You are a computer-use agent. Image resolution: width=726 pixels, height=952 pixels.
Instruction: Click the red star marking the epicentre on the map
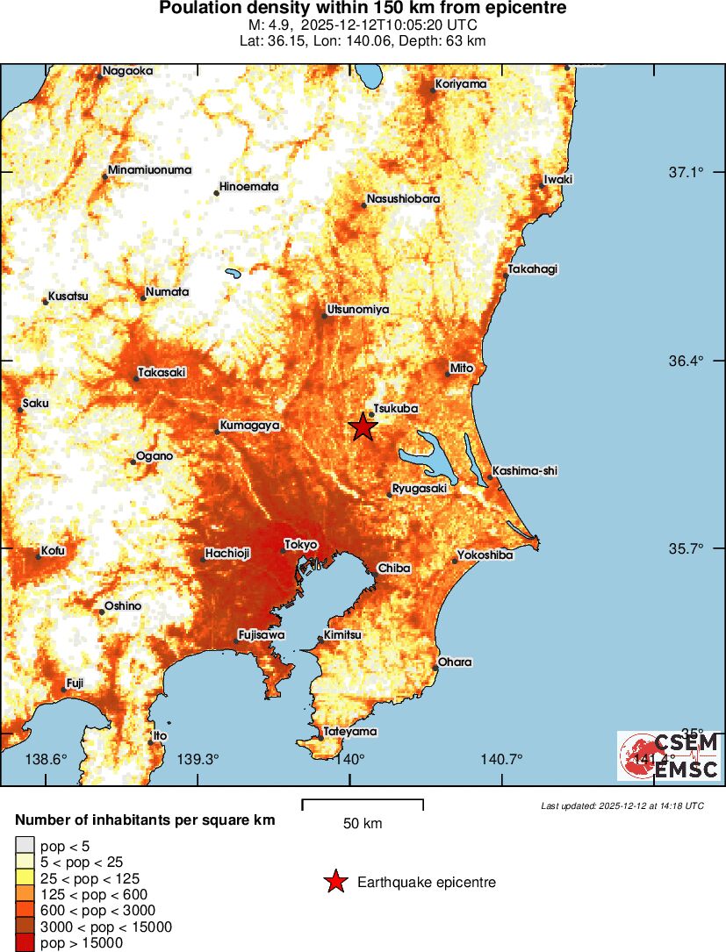363,427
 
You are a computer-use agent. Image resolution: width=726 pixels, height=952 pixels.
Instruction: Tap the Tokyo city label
300,545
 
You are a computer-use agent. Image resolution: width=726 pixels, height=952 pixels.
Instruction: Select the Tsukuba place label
395,409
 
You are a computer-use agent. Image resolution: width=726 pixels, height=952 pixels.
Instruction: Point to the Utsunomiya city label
357,310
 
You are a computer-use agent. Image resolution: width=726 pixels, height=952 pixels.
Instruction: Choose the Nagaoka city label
127,71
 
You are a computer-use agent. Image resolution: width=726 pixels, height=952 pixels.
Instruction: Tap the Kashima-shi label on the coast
525,471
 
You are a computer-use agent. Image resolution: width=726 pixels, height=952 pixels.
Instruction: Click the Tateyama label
350,731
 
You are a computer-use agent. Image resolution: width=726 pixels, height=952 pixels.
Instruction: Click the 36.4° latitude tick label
687,361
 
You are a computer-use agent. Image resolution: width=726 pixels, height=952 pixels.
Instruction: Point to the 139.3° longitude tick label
198,759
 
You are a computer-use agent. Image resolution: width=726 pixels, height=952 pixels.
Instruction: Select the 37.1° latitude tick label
687,172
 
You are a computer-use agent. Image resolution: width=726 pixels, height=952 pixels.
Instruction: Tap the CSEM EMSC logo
669,756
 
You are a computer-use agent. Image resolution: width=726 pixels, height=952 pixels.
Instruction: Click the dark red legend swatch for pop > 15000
23,943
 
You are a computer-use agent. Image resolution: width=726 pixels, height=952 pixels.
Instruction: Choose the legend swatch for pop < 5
23,845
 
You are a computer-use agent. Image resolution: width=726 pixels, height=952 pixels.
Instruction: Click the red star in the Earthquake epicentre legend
334,882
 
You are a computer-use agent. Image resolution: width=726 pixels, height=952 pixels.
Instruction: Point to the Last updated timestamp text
622,805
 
